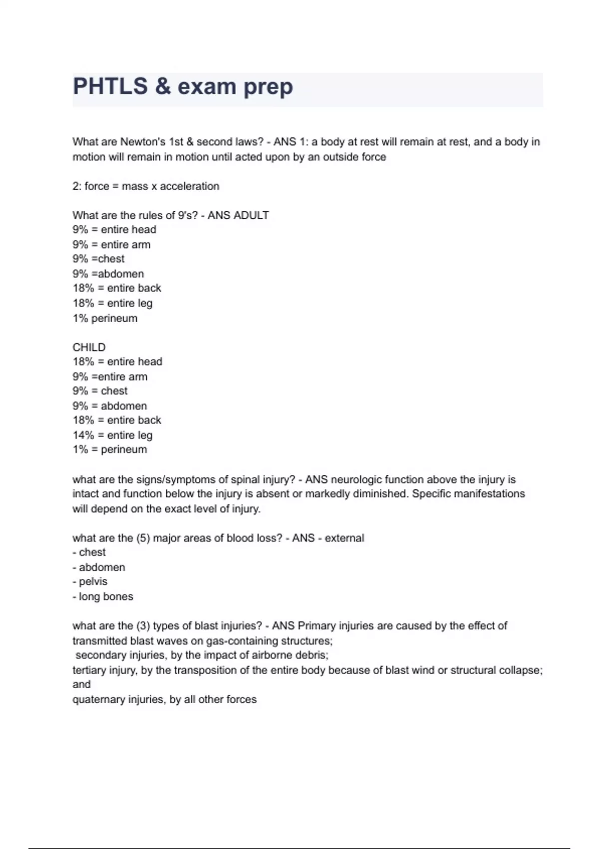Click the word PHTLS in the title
pos(110,86)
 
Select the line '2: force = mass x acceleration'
pos(146,186)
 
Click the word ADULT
pos(251,215)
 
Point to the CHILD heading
pos(89,347)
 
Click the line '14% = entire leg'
pos(112,435)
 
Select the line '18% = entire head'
pos(117,362)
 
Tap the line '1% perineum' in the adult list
pos(105,318)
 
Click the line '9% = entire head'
pos(114,230)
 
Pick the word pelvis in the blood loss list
pos(93,582)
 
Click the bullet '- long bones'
pos(103,596)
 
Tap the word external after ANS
pos(344,538)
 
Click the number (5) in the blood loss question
pos(142,538)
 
